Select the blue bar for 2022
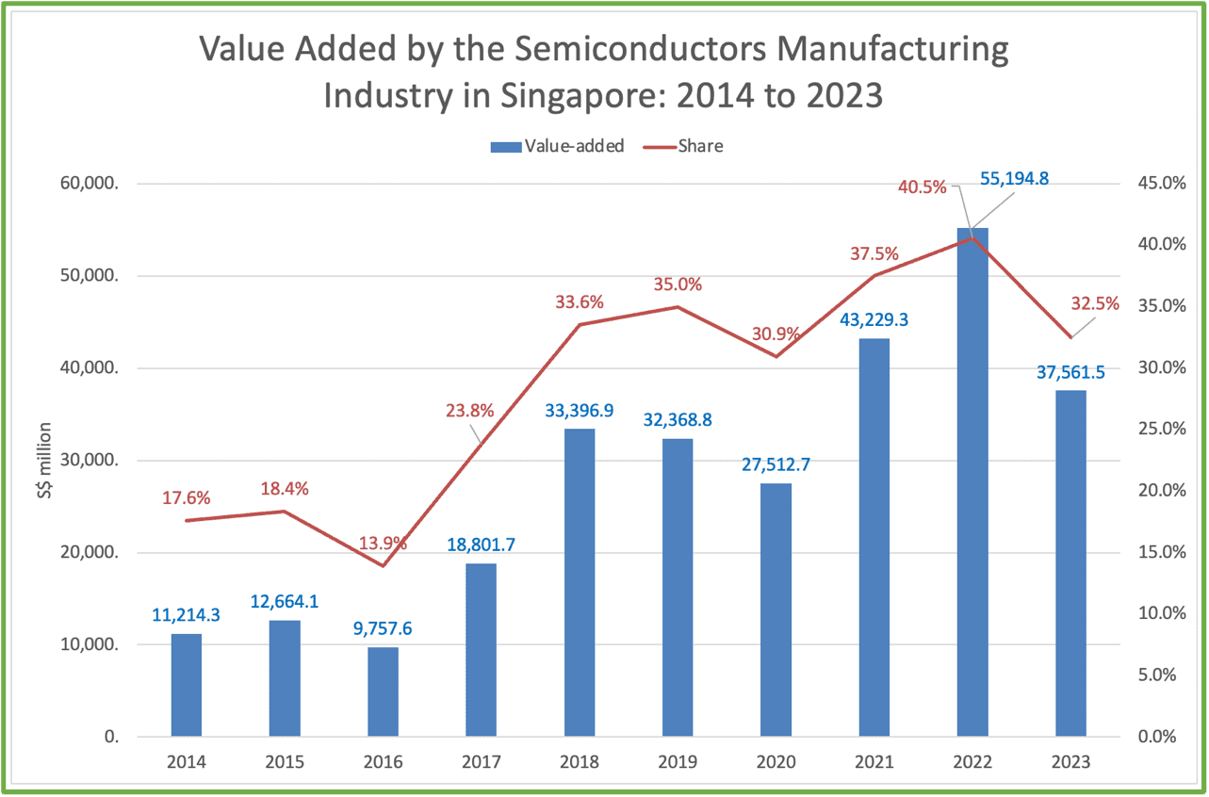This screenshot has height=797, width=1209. tap(972, 481)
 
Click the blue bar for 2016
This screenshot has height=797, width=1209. tap(384, 691)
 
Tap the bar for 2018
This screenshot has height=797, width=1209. tap(580, 583)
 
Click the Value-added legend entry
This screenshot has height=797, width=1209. tap(558, 146)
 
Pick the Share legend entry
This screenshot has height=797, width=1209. tap(683, 146)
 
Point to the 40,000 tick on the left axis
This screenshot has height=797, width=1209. tap(90, 368)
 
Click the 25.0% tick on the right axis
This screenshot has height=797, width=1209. tap(1162, 429)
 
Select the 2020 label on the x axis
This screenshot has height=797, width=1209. tap(776, 762)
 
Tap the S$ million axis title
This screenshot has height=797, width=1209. tap(45, 461)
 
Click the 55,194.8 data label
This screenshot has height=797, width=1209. tap(1014, 179)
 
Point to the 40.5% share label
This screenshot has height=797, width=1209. tap(923, 187)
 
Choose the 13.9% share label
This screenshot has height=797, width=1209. tap(383, 543)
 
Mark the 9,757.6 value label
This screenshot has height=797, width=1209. tap(383, 628)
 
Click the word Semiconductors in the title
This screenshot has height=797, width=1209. tap(640, 49)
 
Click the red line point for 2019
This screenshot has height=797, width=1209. tap(678, 307)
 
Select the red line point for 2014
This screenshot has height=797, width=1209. tap(187, 521)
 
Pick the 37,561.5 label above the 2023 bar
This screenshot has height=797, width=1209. tap(1070, 372)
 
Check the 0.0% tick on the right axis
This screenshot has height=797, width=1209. tap(1157, 737)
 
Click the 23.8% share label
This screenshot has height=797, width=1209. tap(469, 411)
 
